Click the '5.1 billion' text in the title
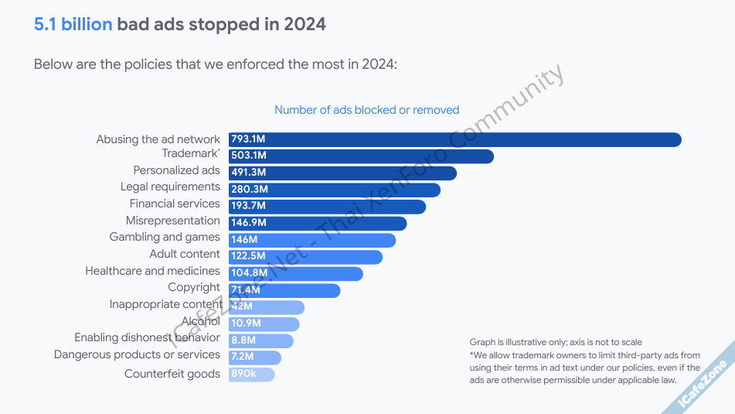click(73, 24)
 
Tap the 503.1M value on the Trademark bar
click(248, 156)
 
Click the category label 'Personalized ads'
click(176, 170)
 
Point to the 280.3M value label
click(249, 190)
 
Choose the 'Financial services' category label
click(175, 204)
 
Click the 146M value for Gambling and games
click(244, 240)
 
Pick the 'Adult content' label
click(185, 254)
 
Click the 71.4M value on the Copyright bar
click(246, 290)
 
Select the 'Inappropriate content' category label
click(165, 304)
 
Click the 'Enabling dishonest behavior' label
click(147, 337)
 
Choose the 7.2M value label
click(243, 358)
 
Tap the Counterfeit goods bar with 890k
click(251, 375)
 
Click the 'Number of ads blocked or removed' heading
click(366, 110)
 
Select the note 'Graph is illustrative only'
click(555, 342)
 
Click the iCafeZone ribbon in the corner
click(703, 384)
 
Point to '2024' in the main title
click(305, 24)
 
